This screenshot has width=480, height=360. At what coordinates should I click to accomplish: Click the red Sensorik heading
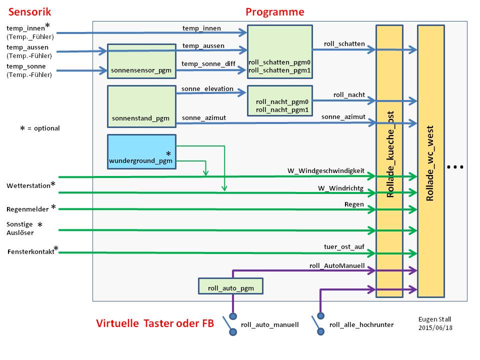29,12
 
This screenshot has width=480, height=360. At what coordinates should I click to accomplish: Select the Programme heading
275,12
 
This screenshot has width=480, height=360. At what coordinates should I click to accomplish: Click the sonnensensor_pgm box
141,61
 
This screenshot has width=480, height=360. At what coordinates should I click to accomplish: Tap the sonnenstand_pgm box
141,106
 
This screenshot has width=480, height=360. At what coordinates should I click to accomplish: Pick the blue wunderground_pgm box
141,152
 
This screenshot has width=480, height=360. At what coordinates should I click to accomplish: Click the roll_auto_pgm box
230,286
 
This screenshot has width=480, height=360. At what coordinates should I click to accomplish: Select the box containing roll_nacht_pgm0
280,100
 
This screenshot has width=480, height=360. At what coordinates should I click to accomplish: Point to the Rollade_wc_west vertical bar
430,161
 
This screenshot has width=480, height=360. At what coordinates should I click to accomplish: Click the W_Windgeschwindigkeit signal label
325,171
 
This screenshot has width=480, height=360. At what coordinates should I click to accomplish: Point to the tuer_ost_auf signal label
344,246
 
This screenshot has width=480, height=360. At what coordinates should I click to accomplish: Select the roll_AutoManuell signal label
337,265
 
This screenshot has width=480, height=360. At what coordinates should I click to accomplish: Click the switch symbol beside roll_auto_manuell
230,324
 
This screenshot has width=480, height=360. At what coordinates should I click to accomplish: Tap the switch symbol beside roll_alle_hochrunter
318,324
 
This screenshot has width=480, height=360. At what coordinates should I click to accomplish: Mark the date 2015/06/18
435,327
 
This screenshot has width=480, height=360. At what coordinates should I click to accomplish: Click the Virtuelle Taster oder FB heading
155,323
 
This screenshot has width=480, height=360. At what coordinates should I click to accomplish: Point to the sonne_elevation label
207,89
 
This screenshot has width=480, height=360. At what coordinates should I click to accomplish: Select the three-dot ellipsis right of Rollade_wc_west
455,167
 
